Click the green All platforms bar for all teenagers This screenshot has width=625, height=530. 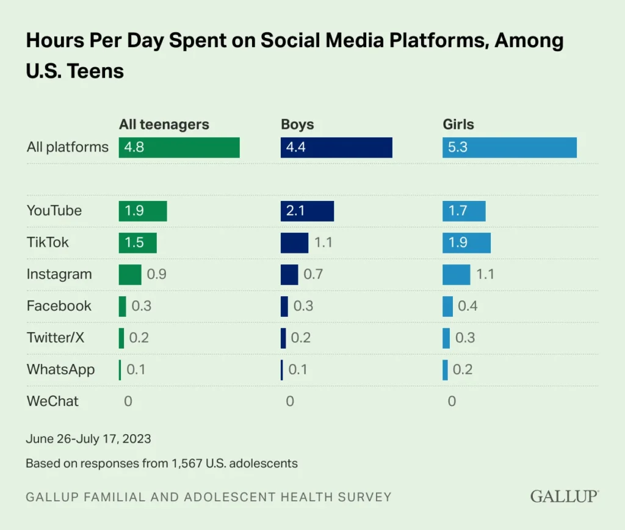(179, 147)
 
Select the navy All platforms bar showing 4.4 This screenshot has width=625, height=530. (336, 147)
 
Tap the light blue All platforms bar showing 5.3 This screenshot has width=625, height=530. (509, 147)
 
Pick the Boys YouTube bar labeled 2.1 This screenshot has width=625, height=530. (307, 211)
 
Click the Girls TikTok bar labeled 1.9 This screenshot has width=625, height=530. (466, 242)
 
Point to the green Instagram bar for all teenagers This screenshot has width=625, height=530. (130, 274)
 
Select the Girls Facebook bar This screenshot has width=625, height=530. (447, 306)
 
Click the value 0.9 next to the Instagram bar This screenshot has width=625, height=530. (157, 274)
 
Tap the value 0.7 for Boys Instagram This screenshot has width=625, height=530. (313, 274)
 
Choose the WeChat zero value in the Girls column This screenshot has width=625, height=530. (452, 401)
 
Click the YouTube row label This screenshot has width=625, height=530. (54, 211)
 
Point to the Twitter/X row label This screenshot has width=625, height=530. (55, 338)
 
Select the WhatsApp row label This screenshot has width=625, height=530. (60, 369)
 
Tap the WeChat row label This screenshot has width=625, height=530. (52, 401)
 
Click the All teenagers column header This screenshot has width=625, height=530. (164, 125)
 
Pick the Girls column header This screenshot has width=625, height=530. (458, 125)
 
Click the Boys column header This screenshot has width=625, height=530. (297, 125)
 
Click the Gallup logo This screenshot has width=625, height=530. (564, 496)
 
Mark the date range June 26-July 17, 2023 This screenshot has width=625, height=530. (89, 438)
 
